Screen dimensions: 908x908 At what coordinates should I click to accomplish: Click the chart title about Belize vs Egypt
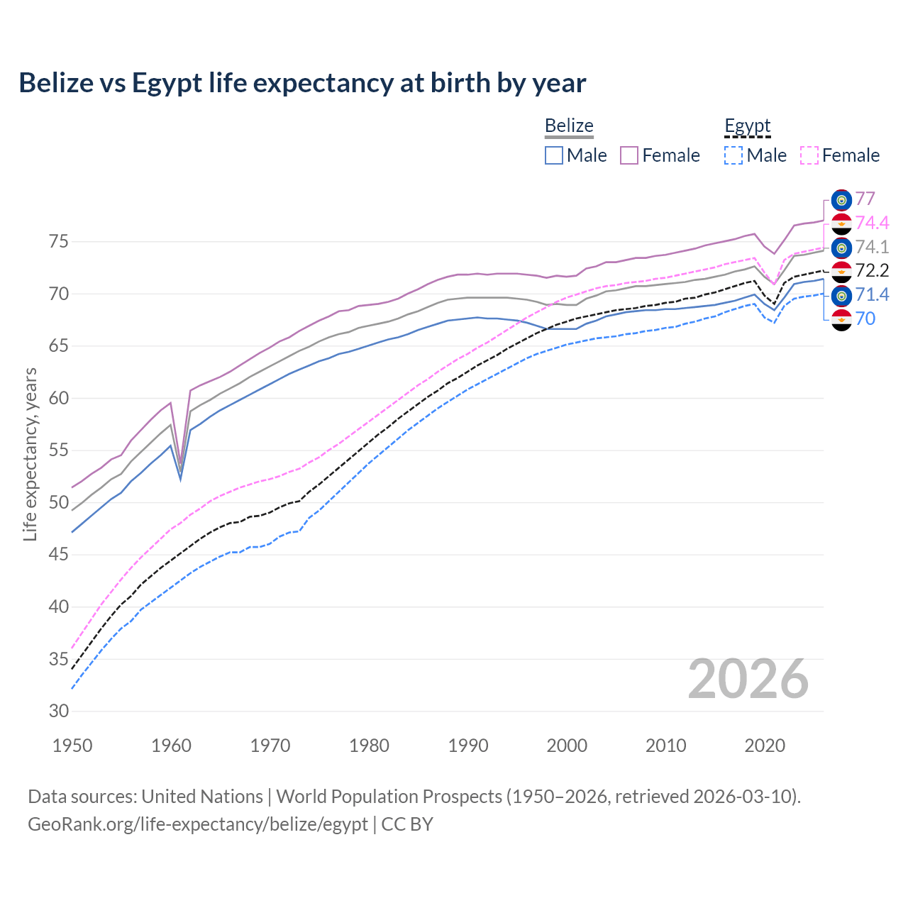[302, 83]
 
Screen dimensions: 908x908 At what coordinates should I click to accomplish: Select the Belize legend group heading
[569, 126]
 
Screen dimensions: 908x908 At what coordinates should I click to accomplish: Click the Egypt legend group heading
[747, 126]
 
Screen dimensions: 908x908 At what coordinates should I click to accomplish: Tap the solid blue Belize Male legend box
[554, 155]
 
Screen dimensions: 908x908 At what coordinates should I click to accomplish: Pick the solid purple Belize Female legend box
[629, 155]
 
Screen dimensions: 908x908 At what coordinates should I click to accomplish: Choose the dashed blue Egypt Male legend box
[733, 155]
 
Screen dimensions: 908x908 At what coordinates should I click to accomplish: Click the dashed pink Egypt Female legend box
[809, 155]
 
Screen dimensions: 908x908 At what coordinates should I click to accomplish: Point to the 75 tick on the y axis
[58, 242]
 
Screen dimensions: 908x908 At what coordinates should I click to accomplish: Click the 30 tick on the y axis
[58, 712]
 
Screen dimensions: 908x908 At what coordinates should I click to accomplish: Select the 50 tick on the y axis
[58, 503]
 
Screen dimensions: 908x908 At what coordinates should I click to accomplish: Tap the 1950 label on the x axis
[72, 746]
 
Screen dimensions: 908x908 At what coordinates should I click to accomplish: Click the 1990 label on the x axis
[468, 746]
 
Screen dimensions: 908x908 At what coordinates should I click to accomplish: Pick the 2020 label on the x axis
[765, 746]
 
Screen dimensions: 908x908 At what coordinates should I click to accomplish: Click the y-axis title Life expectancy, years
[30, 454]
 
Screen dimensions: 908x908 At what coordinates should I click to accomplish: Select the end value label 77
[865, 199]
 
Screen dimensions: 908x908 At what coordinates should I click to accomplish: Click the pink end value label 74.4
[872, 223]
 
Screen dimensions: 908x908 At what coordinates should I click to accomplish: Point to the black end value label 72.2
[872, 270]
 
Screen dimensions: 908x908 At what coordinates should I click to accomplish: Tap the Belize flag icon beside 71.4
[841, 295]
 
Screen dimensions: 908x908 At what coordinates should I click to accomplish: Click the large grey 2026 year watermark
[748, 679]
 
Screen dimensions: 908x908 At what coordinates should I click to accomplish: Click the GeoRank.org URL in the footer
[198, 824]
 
